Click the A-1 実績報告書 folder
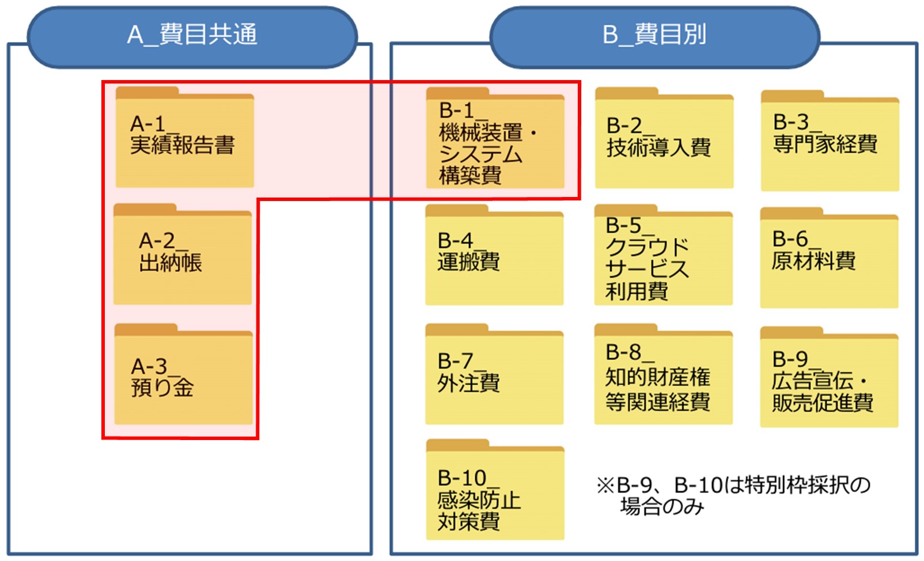point(184,138)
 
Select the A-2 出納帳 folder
point(182,255)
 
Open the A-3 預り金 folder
point(183,375)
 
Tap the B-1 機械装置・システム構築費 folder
point(495,139)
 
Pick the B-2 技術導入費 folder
point(664,139)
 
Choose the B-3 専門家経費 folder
point(830,142)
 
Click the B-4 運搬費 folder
point(494,256)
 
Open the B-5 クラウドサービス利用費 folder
point(663,256)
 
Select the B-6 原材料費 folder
point(829,259)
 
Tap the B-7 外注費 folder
point(494,375)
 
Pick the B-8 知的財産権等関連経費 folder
point(663,375)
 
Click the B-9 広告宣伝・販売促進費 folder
point(829,378)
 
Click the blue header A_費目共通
point(192,36)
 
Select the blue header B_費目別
point(654,36)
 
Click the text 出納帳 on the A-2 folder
point(171,263)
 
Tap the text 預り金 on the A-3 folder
point(162,388)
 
